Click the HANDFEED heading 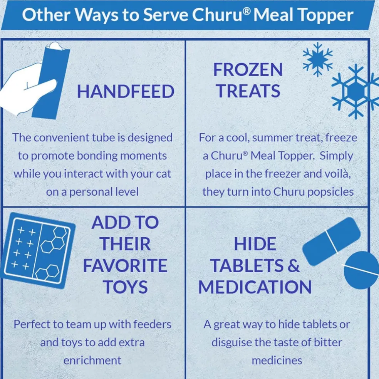click(126, 92)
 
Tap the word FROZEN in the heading click(248, 70)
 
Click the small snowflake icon click(318, 59)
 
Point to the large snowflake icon click(355, 91)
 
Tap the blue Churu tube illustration click(51, 81)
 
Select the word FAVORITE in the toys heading click(125, 265)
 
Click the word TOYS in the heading click(125, 287)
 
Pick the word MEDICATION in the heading click(255, 287)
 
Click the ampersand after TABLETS click(293, 265)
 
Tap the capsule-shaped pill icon click(331, 241)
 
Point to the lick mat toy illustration click(38, 251)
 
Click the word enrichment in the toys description click(92, 361)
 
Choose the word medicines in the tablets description click(277, 361)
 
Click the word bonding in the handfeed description click(97, 156)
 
